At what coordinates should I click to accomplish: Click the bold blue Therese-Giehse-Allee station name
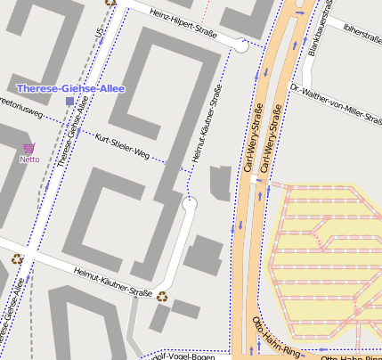coord(71,89)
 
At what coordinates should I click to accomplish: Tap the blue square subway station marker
coord(69,102)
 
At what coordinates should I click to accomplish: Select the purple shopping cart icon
coord(29,148)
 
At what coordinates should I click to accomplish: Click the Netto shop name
coord(29,160)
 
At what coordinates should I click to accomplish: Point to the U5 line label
coord(98,34)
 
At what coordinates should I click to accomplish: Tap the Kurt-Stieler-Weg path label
coord(121,146)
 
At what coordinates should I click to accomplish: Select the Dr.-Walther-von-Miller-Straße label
coord(336,99)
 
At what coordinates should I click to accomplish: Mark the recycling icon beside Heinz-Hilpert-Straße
coord(110,3)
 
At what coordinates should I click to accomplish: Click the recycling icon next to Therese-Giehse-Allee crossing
coord(17,259)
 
